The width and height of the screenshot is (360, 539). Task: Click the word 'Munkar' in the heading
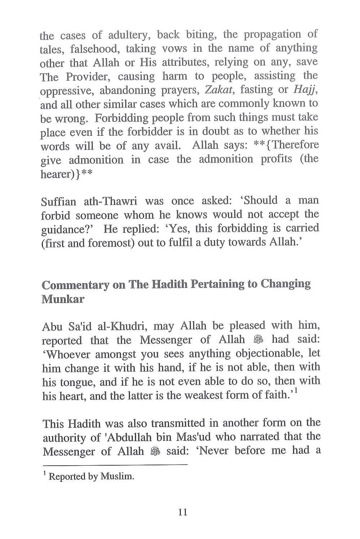63,299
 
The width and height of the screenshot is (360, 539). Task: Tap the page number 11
183,512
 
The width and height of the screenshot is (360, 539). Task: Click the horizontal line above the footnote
115,465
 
